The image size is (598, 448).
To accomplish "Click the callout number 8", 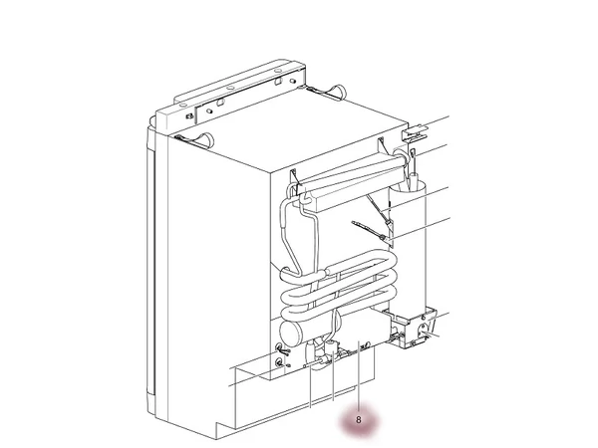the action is [x=358, y=420].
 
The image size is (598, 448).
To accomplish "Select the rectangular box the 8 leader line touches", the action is [x=363, y=327].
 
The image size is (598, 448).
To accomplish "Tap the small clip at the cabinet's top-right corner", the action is [x=415, y=132].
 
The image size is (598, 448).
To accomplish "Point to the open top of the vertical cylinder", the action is [x=408, y=187].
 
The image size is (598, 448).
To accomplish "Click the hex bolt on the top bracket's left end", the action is [x=188, y=116].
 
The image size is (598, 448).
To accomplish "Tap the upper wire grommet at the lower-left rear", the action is [x=279, y=347].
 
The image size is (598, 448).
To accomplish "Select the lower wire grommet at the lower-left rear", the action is [x=280, y=362].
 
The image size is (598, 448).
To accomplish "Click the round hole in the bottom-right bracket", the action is [x=423, y=329].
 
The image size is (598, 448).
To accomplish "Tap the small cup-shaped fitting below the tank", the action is [x=331, y=347].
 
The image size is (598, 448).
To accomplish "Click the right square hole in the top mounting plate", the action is [x=279, y=81].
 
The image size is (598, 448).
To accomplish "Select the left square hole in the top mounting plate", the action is [x=219, y=103].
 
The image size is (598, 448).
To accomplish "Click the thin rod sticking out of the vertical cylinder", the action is [x=413, y=167].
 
